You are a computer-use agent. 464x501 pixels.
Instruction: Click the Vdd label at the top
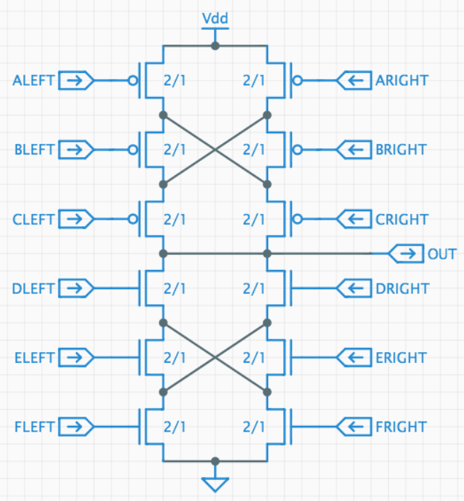tap(215, 18)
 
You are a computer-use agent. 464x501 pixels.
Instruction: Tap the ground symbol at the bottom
tap(215, 484)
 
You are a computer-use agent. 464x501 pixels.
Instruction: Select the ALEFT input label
tap(33, 81)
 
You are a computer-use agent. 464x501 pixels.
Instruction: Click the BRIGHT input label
tap(402, 150)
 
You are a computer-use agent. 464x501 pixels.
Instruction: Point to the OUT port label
tap(441, 254)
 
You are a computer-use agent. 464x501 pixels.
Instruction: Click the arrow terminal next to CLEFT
tap(75, 220)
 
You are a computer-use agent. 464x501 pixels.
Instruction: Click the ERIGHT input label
tap(402, 358)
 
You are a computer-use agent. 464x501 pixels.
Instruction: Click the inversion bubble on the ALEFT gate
tap(133, 81)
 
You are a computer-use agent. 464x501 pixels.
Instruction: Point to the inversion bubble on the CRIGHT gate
tap(297, 220)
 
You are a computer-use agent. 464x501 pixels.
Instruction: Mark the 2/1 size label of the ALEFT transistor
tap(175, 81)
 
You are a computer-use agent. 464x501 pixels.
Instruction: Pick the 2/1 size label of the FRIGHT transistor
tap(254, 427)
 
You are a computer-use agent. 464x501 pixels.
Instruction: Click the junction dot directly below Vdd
tap(215, 45)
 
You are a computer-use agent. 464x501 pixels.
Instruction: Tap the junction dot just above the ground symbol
tap(215, 461)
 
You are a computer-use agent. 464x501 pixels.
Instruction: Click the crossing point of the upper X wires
tap(215, 150)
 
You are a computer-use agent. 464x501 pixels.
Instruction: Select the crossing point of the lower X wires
tap(215, 357)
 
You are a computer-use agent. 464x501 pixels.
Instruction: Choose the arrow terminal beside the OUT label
tap(407, 254)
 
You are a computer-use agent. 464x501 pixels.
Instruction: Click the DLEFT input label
tap(34, 288)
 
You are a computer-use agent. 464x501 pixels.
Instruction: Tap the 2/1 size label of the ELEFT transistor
tap(175, 358)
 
